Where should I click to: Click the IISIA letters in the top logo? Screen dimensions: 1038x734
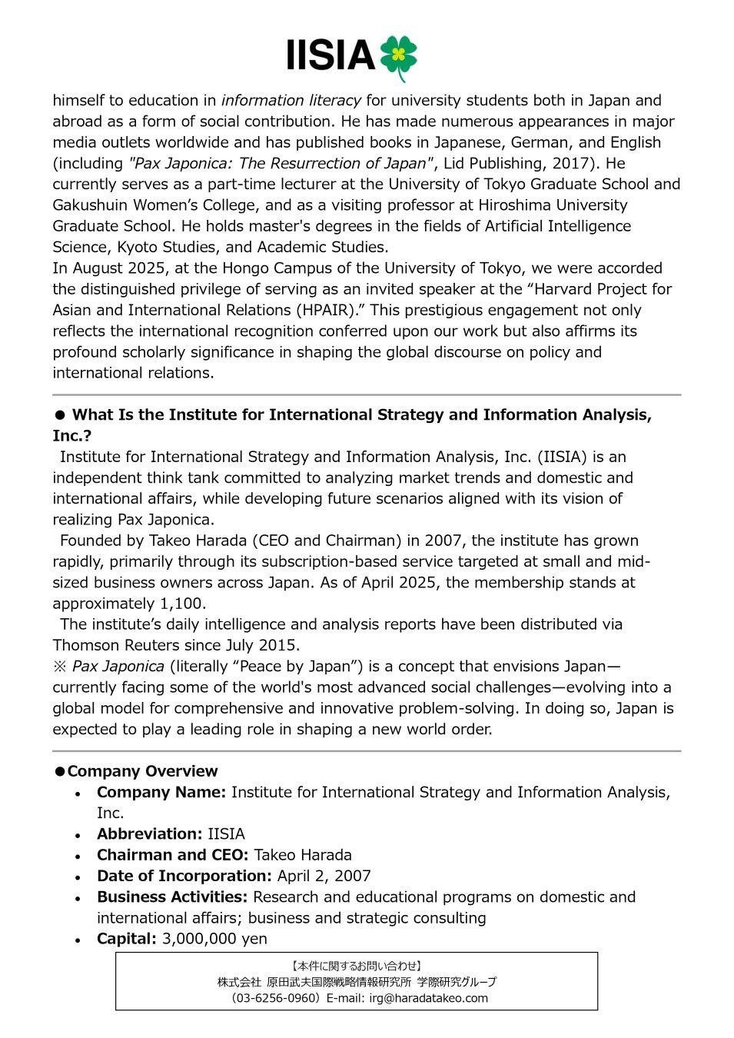coord(330,56)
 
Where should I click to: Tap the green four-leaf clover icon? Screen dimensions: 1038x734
coord(398,56)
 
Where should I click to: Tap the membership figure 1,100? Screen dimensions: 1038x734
coord(181,604)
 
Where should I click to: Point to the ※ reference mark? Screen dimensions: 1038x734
coord(60,667)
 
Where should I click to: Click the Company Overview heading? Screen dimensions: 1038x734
coord(142,771)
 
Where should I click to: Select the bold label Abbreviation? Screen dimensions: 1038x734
coord(149,834)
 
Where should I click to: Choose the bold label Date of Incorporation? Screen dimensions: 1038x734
coord(184,876)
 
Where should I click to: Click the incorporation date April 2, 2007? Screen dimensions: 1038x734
coord(324,876)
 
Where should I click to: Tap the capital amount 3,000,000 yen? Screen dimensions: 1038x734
coord(214,939)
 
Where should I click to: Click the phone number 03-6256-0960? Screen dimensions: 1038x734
coord(274,998)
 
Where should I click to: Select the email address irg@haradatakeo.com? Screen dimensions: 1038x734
coord(428,998)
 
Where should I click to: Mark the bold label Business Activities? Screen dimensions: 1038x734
coord(172,897)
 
